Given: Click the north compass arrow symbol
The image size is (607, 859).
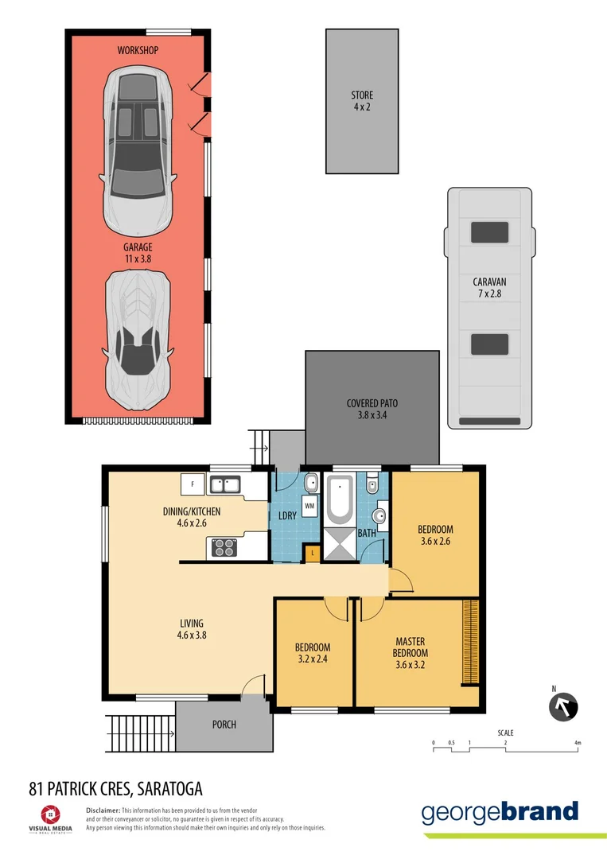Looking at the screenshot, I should [x=564, y=706].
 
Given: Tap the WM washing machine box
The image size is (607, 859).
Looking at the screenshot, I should [x=309, y=505].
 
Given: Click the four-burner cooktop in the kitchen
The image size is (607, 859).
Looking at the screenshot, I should [x=223, y=546].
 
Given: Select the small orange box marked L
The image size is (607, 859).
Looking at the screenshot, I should [x=312, y=553].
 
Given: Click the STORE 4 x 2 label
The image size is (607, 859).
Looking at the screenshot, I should [x=362, y=101].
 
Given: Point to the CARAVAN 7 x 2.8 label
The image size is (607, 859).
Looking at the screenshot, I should [x=489, y=287].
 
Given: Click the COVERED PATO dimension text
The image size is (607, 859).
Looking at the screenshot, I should [x=372, y=409].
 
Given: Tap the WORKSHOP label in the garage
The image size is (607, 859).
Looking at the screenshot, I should [x=138, y=50].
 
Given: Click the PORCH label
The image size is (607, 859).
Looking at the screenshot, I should [x=224, y=725].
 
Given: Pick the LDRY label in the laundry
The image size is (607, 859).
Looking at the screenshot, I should [x=287, y=515].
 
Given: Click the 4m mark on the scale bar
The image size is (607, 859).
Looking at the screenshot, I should [x=578, y=743].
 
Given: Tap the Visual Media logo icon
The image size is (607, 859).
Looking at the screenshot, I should [x=49, y=814].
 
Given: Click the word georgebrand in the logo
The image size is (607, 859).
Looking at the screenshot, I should [x=500, y=812].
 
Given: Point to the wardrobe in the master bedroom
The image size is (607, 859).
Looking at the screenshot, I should [x=470, y=643].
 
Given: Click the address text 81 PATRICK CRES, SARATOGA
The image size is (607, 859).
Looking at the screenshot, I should [x=115, y=788].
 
